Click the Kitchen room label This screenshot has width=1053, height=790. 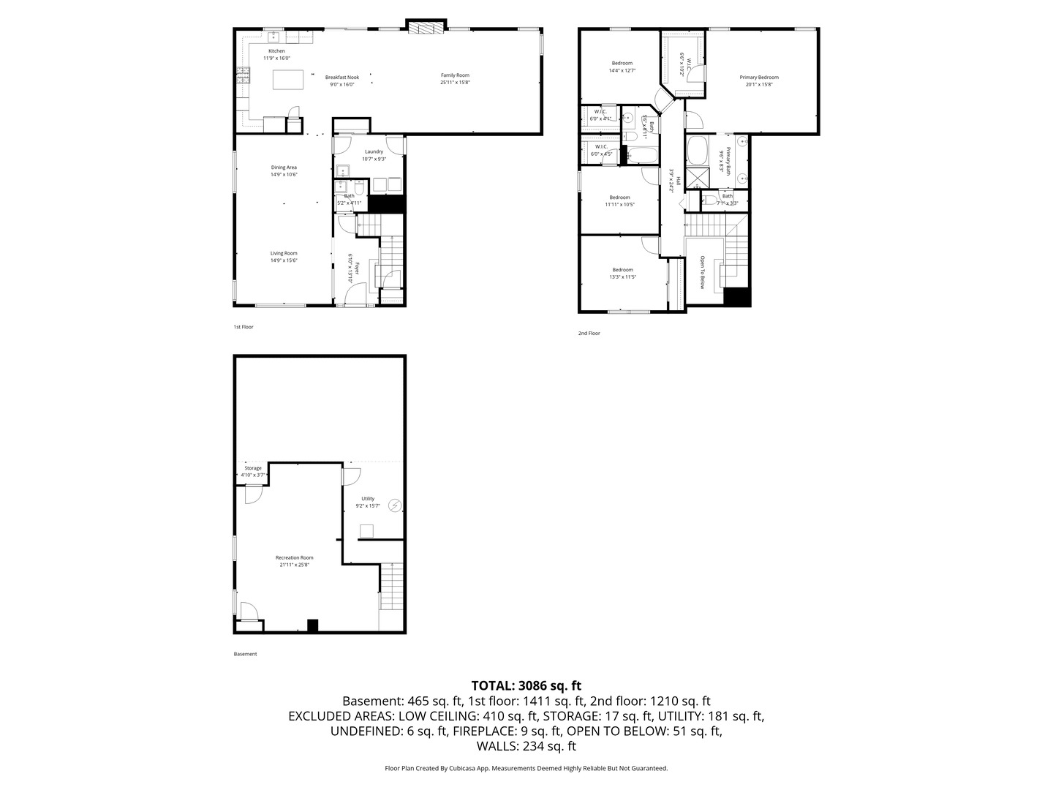276,51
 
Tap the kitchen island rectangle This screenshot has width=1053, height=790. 288,79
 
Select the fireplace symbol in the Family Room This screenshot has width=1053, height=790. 426,28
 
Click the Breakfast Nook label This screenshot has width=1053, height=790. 342,77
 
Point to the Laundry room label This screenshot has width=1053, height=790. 374,151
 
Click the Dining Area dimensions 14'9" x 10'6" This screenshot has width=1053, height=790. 284,175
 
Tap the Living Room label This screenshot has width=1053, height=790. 284,253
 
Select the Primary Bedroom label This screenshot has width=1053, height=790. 758,77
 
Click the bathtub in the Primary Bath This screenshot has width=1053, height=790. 697,151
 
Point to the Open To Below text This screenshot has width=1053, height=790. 702,272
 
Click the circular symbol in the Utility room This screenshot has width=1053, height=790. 395,505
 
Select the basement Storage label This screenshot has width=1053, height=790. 253,468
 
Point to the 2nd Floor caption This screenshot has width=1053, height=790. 589,333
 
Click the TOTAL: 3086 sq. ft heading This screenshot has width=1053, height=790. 526,685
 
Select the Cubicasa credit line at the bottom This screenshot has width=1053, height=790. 526,768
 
